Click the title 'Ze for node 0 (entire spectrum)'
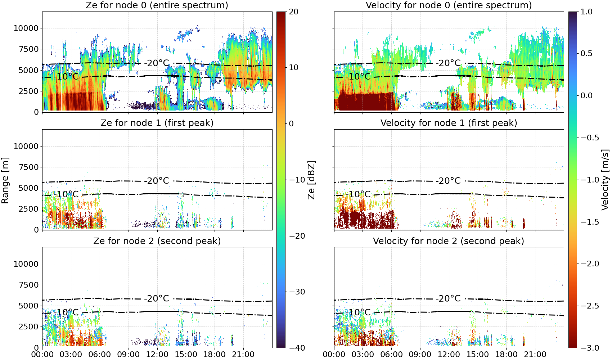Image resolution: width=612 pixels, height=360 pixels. (x=157, y=5)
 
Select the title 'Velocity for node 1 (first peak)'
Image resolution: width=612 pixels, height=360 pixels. (x=449, y=123)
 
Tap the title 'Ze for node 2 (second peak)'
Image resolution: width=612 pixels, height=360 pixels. (x=157, y=241)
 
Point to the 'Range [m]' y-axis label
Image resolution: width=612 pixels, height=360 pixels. (x=5, y=180)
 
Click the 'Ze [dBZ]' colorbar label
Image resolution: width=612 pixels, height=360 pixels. (x=311, y=180)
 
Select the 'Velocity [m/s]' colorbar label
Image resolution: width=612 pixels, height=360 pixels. (x=605, y=180)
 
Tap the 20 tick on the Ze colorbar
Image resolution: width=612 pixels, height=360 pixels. (x=293, y=12)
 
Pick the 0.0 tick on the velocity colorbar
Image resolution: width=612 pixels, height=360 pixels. (x=586, y=96)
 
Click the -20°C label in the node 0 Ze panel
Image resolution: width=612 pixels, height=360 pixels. (x=157, y=63)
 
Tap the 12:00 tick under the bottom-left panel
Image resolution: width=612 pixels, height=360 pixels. (x=157, y=355)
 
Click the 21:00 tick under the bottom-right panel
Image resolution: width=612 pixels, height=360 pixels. (x=535, y=355)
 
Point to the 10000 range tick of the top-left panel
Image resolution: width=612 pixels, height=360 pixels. (x=26, y=28)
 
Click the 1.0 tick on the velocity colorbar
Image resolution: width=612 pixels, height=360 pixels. (x=586, y=12)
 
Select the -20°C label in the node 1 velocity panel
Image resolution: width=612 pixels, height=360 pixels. (x=448, y=181)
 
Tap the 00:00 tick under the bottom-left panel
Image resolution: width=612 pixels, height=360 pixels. (x=42, y=355)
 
